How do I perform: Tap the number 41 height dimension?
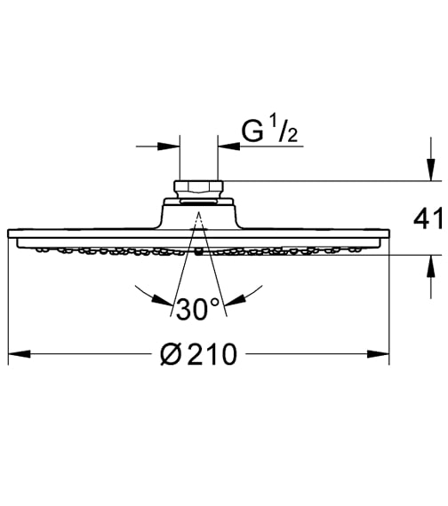429,217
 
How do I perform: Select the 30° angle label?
197,309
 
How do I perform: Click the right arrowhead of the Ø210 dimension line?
381,355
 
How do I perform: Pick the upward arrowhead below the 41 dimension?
428,264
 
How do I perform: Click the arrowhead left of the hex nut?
172,146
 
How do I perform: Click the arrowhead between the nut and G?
225,146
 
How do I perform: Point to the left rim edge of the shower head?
10,237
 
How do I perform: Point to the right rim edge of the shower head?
388,237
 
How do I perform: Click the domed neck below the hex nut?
198,213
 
